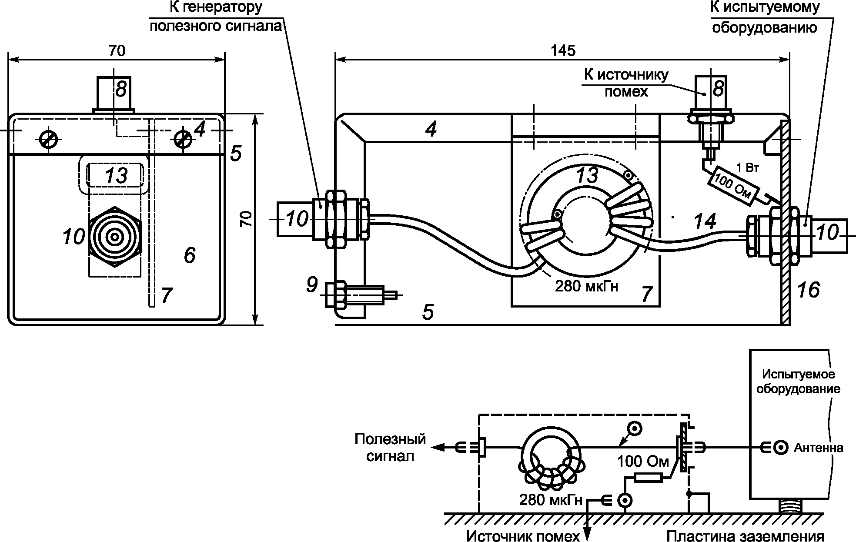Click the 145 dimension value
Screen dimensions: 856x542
(x=563, y=50)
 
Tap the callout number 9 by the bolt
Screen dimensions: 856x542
(x=311, y=285)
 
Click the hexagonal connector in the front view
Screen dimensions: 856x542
(x=115, y=237)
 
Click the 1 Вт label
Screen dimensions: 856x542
(x=747, y=168)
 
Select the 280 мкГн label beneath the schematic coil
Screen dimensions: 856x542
(x=551, y=500)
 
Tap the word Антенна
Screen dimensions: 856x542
(x=819, y=448)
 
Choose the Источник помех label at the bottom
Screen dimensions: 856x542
(x=523, y=535)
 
